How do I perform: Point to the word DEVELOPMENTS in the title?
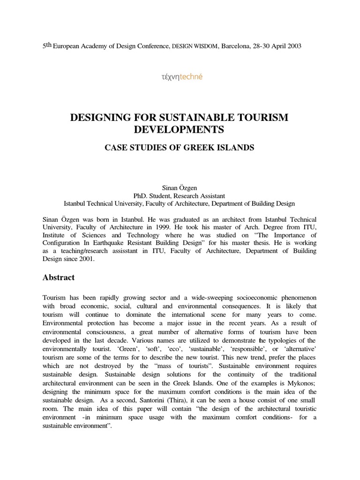pos(179,129)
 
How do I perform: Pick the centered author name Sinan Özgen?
pos(179,187)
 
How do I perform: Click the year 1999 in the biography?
pos(175,227)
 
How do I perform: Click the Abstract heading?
pos(59,277)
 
